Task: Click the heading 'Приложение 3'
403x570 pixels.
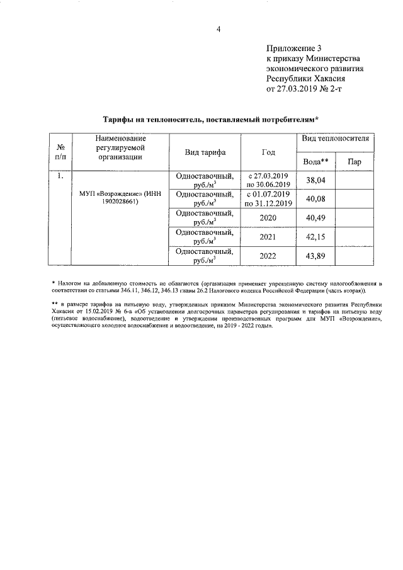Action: (294, 48)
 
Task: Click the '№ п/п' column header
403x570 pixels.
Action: (60, 152)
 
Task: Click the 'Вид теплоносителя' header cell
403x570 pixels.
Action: (336, 138)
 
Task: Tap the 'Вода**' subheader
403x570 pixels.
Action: (316, 162)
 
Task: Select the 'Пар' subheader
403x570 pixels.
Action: (354, 162)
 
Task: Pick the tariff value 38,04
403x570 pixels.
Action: (316, 180)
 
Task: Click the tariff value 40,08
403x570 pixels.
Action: (316, 199)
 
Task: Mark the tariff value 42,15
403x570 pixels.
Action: (316, 237)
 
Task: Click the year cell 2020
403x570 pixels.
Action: (268, 218)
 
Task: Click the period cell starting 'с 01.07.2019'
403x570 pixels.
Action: (268, 199)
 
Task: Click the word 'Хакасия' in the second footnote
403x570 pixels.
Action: (62, 314)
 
